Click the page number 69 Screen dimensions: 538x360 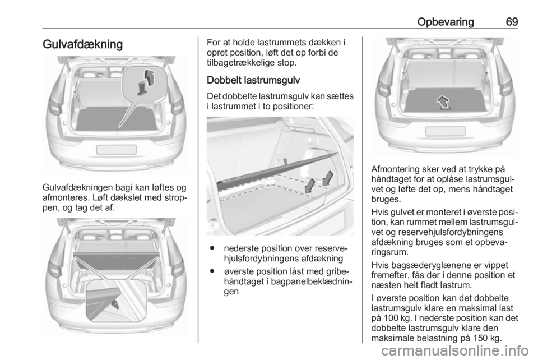512,22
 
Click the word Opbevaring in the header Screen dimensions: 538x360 446,22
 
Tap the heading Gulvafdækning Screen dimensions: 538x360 83,45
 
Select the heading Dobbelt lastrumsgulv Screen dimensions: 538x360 253,80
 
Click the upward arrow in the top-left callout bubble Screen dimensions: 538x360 150,78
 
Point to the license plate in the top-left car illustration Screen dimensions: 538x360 117,149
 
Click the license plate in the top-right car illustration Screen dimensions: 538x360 445,131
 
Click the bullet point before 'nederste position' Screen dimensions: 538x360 213,248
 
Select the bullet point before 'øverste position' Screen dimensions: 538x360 213,271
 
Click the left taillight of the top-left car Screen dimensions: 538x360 54,105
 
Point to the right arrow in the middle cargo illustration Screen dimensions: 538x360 328,178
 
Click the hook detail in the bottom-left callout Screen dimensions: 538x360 115,304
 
